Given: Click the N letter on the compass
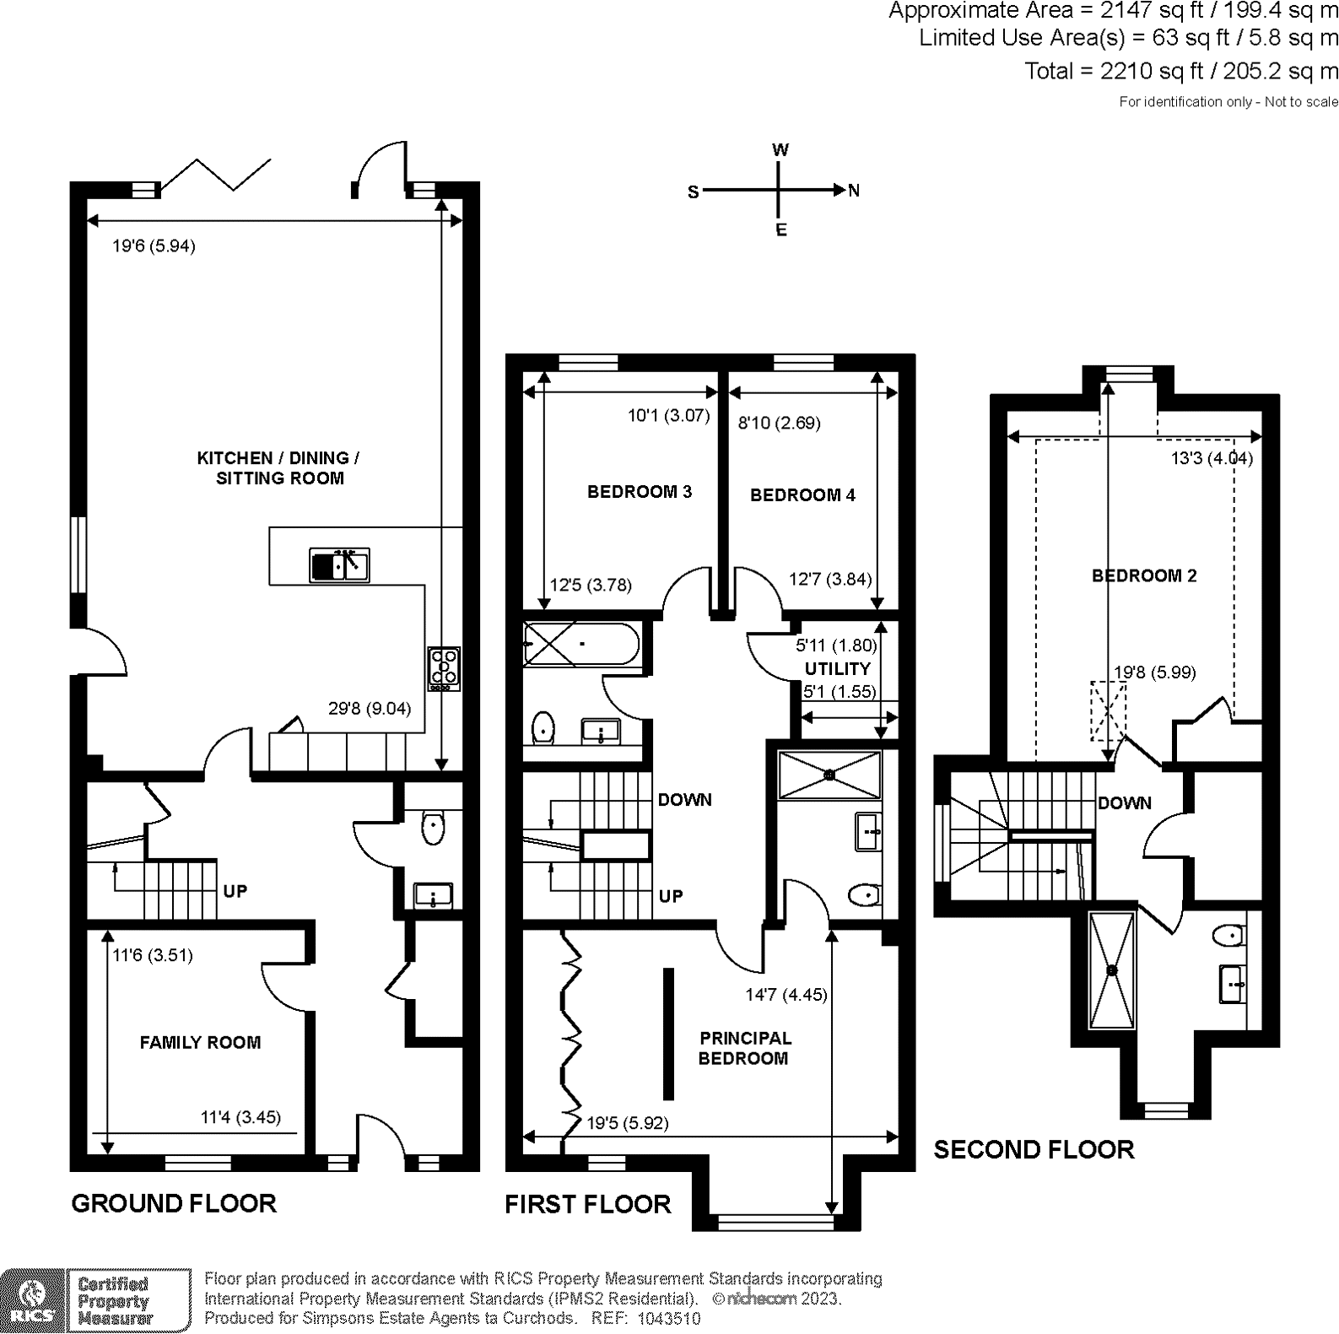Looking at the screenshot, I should click(854, 191).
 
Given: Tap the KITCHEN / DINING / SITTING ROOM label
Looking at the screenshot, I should click(278, 468).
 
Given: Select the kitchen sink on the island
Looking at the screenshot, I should click(339, 565).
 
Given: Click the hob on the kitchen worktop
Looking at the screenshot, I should click(444, 667).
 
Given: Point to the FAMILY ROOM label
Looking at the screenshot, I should click(200, 1043).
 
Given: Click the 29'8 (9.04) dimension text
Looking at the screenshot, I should click(370, 709).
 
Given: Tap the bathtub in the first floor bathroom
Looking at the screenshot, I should click(580, 645).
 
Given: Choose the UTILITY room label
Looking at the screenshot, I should click(837, 669).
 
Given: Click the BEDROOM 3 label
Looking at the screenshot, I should click(640, 492).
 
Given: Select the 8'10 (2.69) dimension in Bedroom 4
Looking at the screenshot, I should click(779, 423).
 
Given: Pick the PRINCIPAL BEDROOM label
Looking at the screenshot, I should click(744, 1049).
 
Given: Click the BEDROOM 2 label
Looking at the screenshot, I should click(1144, 576).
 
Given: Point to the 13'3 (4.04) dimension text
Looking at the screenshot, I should click(1212, 458).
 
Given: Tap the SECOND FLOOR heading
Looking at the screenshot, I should click(1034, 1150).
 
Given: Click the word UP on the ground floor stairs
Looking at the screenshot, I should click(235, 892).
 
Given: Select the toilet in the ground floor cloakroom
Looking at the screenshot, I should click(433, 827).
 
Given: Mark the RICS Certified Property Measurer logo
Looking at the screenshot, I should click(94, 1300).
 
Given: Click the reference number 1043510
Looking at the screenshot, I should click(668, 1319).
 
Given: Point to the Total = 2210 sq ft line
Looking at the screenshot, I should click(1180, 72).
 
